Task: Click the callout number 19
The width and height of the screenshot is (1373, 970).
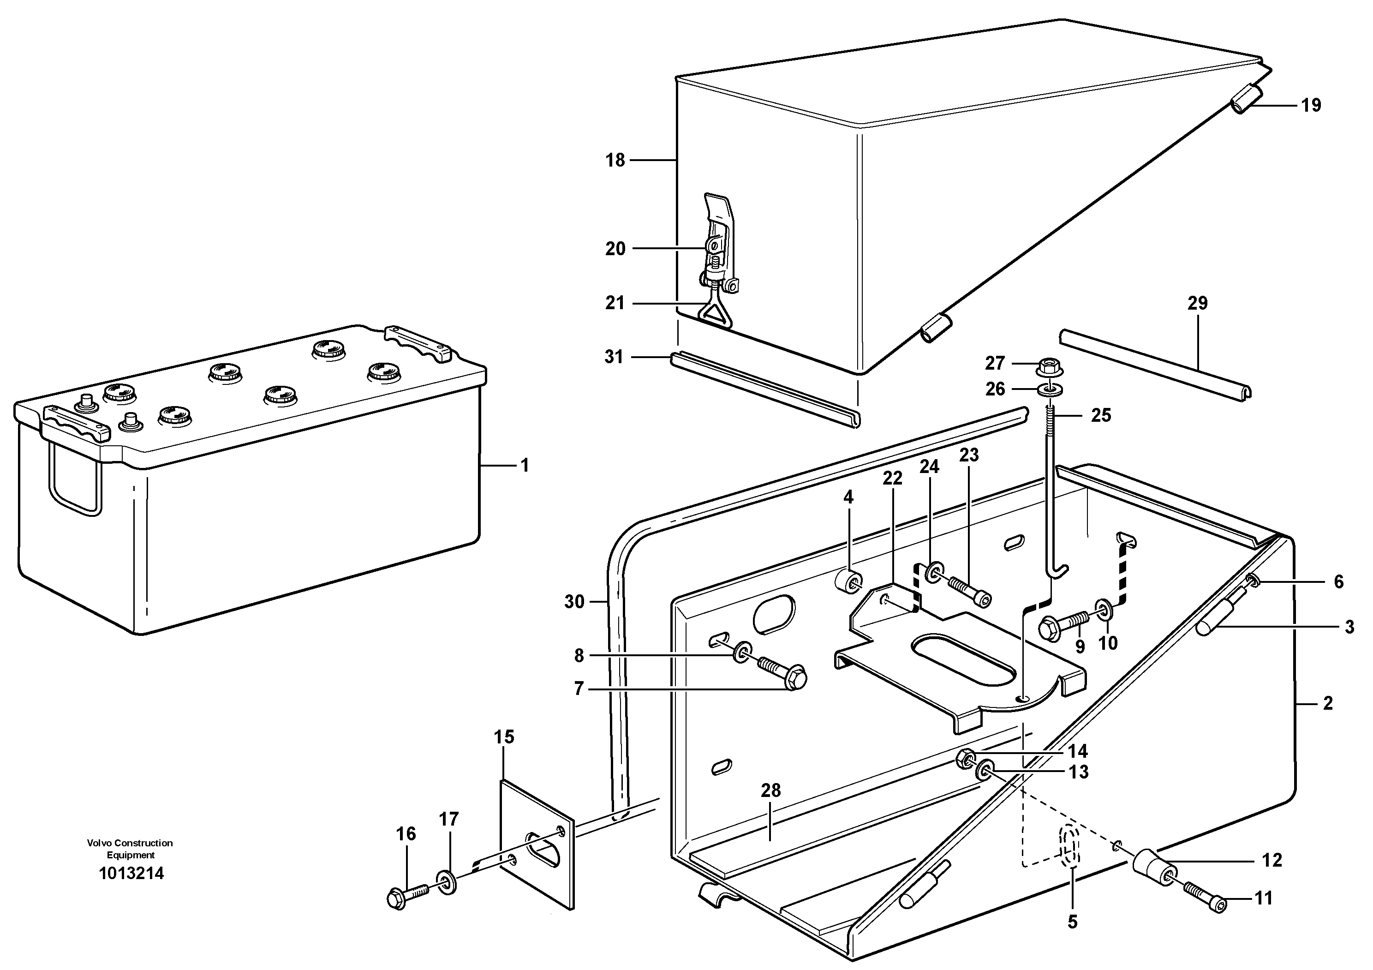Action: point(1311,105)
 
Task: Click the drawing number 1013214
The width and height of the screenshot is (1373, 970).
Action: point(131,874)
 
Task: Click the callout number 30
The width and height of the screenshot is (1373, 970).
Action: point(574,602)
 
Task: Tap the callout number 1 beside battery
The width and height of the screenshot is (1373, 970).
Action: point(525,465)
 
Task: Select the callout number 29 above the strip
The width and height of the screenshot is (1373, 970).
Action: point(1197,303)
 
